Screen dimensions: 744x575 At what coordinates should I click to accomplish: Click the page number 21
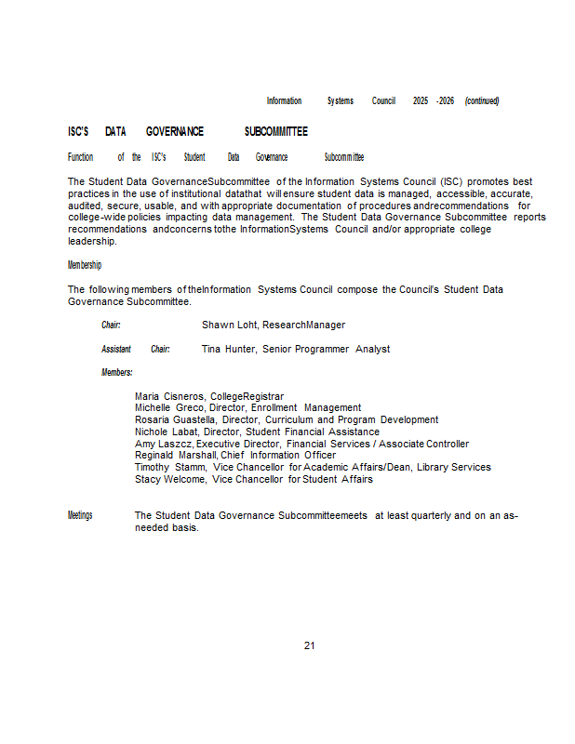pos(309,645)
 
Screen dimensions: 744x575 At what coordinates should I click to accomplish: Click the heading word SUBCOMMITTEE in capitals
pos(275,132)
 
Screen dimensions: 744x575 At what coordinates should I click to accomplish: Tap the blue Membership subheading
pos(85,266)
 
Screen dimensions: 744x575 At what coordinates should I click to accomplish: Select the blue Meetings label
pos(80,515)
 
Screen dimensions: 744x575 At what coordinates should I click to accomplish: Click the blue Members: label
pos(117,373)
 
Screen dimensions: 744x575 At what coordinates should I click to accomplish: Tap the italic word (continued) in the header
pos(482,100)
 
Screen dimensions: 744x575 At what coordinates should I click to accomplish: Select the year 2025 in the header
pos(421,100)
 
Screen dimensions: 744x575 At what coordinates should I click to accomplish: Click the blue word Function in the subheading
pos(81,157)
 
